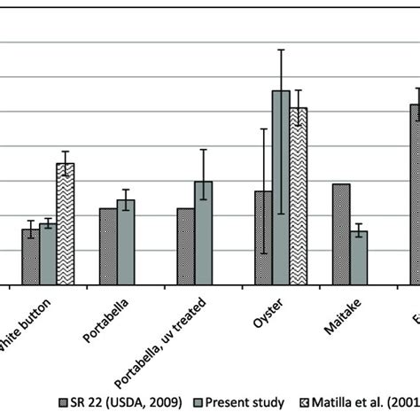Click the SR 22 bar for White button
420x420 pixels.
pos(30,257)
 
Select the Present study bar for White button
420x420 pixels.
pos(48,253)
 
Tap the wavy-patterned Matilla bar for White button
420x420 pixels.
pos(66,224)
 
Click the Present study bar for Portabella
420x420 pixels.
pos(126,242)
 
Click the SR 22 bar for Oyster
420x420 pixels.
pos(263,237)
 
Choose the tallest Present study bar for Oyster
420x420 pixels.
pos(281,188)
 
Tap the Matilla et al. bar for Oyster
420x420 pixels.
pos(299,196)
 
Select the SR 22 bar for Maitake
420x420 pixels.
pos(341,234)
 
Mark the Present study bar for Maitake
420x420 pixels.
pos(359,258)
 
